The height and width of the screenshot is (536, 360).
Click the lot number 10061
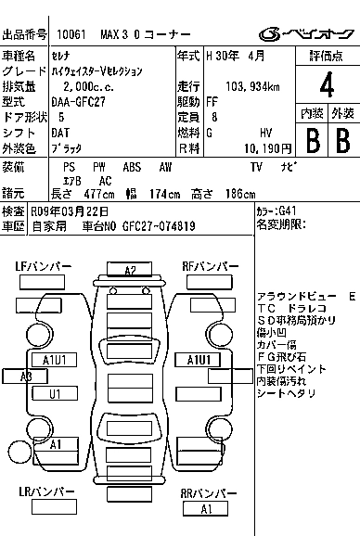[71, 34]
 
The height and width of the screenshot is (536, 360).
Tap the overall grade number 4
[327, 84]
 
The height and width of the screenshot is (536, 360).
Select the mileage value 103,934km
[252, 87]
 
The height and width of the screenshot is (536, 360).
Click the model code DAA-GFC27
[78, 102]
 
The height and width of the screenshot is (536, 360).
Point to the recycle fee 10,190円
[268, 148]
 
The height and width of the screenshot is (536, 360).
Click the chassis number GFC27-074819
[159, 226]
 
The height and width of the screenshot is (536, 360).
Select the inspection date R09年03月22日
[70, 211]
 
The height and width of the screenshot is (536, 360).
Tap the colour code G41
[288, 211]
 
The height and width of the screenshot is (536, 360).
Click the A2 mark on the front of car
[130, 270]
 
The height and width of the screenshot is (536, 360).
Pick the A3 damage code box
[25, 376]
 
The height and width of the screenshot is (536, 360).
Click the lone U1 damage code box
[55, 393]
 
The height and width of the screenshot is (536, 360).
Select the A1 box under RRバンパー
[205, 509]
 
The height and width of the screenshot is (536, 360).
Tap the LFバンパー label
[44, 266]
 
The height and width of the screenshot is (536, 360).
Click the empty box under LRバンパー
[54, 506]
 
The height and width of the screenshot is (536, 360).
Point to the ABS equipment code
[132, 167]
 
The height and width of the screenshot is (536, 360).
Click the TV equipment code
[256, 167]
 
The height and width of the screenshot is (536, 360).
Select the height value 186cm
[240, 194]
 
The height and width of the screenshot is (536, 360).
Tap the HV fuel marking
[265, 133]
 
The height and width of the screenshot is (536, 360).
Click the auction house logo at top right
[306, 34]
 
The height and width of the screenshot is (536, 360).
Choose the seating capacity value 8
[214, 117]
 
